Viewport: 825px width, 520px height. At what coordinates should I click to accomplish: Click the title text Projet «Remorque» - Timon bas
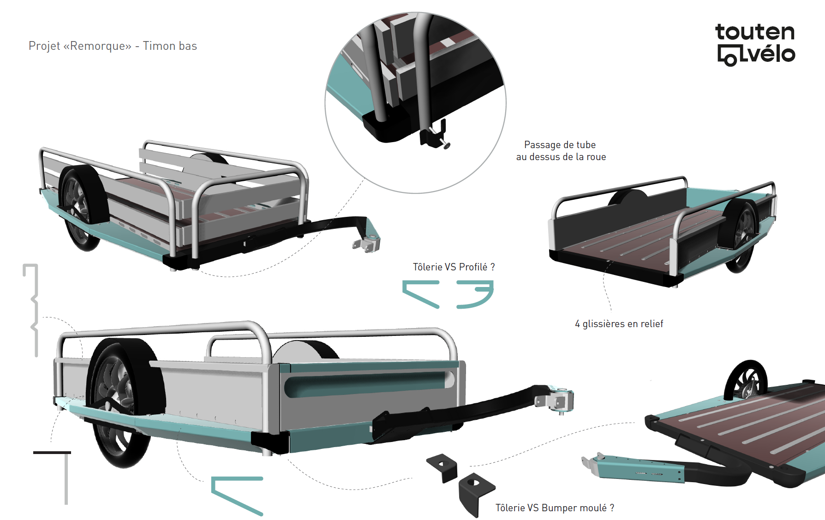point(113,46)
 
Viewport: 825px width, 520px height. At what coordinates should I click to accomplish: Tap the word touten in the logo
point(755,32)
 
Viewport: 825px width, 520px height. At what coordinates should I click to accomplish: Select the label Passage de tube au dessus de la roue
point(561,151)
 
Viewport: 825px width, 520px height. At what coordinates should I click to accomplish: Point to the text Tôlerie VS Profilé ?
point(454,267)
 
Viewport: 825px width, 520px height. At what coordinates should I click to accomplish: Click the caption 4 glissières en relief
point(619,324)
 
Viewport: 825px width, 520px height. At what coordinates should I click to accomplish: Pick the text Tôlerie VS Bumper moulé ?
point(555,508)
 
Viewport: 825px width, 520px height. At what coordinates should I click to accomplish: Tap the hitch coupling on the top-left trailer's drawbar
point(367,243)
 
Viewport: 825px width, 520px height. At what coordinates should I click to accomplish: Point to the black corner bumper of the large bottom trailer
point(270,442)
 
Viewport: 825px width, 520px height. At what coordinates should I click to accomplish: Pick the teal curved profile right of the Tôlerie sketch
point(476,295)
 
